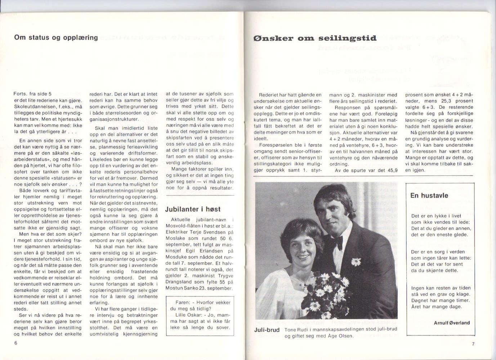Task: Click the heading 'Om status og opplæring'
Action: click(56, 37)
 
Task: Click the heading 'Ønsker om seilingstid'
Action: click(315, 38)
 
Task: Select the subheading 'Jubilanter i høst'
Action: click(193, 209)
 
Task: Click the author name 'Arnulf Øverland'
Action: click(452, 323)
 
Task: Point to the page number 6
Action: click(16, 343)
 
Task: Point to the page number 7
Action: click(473, 344)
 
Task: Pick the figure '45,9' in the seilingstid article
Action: click(391, 170)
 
